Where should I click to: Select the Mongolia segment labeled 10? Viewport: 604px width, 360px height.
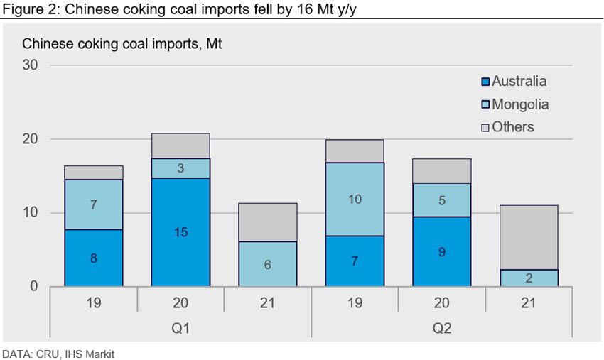coord(355,200)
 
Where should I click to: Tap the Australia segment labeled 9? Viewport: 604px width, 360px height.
coord(442,251)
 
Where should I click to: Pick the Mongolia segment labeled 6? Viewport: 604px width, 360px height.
coord(268,264)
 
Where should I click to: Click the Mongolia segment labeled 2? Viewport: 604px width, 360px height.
coord(529,278)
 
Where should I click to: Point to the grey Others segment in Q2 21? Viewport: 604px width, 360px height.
coord(529,237)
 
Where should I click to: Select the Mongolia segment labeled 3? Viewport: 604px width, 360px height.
coord(180,168)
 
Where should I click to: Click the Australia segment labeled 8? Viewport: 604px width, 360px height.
coord(94,258)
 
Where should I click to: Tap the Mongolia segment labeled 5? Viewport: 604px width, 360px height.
coord(442,200)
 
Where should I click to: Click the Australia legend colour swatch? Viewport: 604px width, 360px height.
coord(485,82)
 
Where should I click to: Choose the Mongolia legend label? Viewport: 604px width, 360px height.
coord(520,104)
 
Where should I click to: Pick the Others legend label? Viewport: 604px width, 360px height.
coord(512,127)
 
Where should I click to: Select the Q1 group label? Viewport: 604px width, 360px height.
coord(180,329)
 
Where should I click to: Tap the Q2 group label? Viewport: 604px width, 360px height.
coord(442,329)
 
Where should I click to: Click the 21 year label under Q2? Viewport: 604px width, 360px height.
coord(529,302)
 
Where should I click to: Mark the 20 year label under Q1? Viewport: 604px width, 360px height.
coord(180,302)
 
